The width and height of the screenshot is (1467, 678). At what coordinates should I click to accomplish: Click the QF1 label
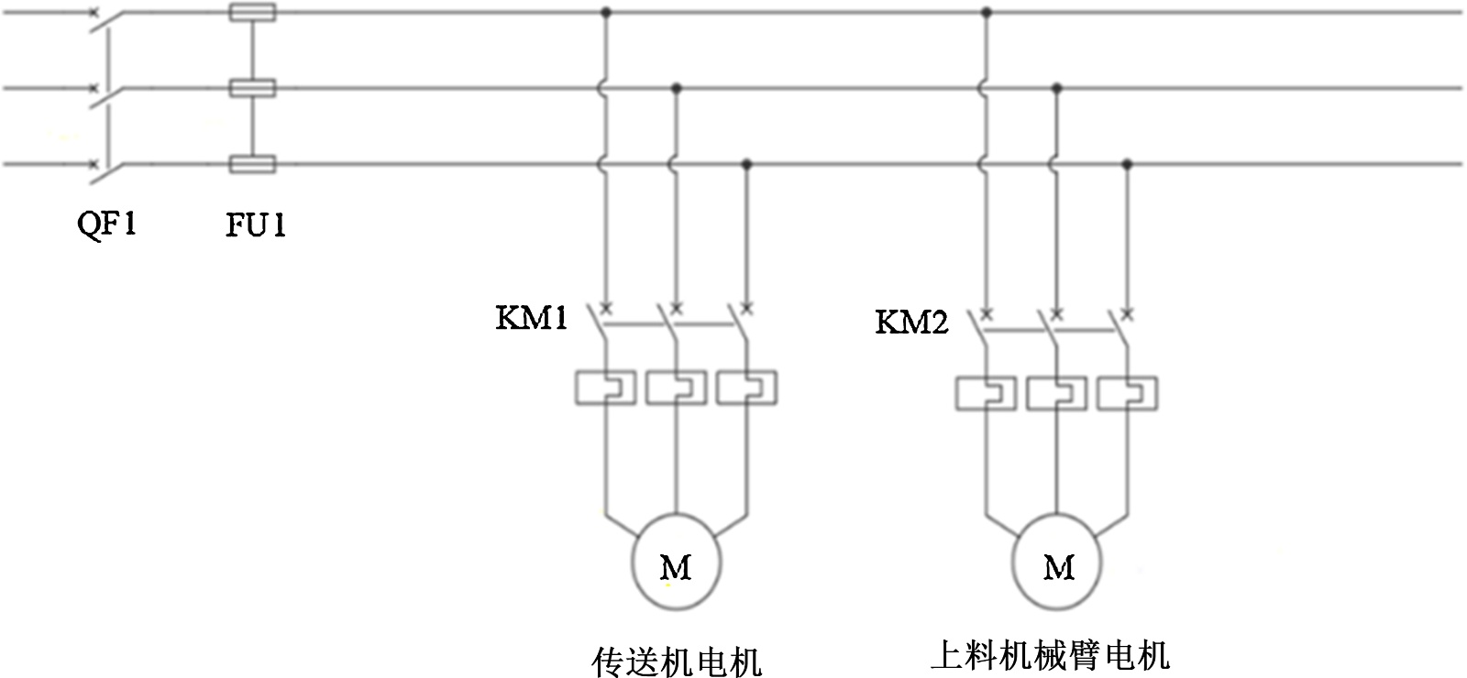coord(106,224)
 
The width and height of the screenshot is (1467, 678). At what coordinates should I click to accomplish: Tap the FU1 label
coord(256,224)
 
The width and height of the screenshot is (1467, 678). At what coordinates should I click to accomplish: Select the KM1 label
coord(531,318)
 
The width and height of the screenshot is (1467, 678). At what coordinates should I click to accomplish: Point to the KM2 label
coord(911,323)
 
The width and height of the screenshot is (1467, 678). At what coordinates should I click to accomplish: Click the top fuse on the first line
coord(251,13)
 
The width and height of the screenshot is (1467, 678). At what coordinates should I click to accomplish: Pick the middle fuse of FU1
coord(251,89)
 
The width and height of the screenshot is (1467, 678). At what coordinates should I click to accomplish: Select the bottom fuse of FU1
coord(251,165)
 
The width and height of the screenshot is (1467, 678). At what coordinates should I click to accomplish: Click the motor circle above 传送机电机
coord(676,566)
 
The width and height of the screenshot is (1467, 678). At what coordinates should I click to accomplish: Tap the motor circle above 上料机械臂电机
coord(1057,566)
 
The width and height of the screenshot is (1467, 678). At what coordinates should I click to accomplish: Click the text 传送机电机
coord(677,661)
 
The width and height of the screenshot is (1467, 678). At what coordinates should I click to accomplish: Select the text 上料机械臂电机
coord(1050,656)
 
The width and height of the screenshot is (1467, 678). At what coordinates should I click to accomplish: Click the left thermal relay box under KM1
coord(605,388)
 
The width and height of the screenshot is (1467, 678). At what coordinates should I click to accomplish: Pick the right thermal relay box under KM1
coord(747,388)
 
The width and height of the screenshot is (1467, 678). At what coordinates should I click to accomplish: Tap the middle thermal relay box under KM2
coord(1057,394)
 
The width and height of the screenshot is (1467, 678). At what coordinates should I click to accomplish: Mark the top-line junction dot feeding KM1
coord(605,13)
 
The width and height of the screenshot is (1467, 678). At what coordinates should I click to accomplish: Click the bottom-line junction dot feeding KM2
coord(1128,164)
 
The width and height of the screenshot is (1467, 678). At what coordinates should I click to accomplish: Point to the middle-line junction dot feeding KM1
coord(677,88)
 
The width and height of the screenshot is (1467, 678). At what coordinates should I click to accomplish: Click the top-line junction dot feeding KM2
coord(987,13)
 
